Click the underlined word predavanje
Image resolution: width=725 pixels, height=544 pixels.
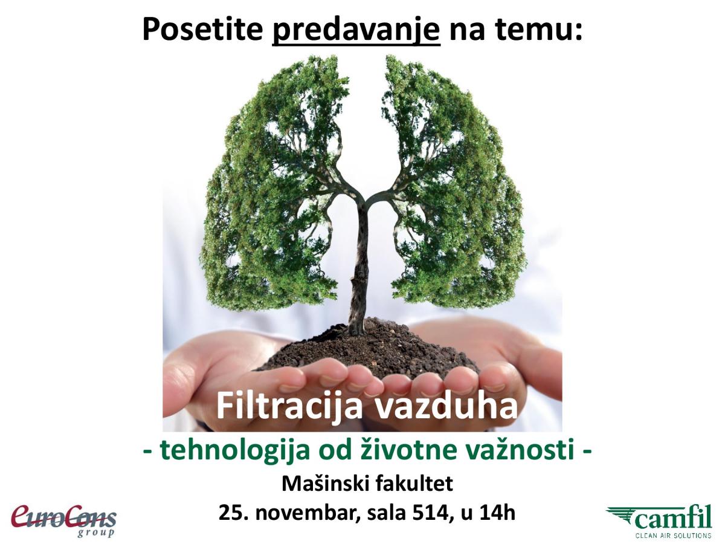pyautogui.click(x=356, y=31)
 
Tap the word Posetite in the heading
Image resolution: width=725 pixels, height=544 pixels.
pyautogui.click(x=202, y=29)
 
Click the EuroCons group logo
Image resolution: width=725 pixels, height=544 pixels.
pyautogui.click(x=63, y=520)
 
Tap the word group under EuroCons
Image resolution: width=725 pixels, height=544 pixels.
pyautogui.click(x=96, y=532)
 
